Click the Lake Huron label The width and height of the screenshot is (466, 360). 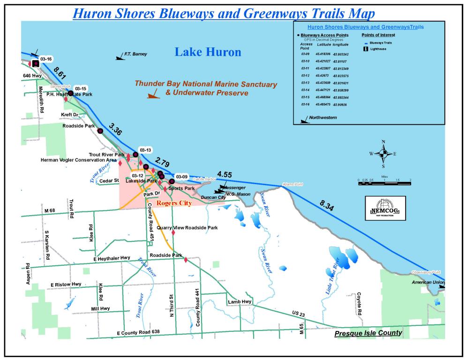coord(208,52)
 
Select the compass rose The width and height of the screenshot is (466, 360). coord(383,153)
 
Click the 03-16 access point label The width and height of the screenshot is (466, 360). coord(46,59)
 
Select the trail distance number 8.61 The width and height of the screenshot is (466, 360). coord(60,73)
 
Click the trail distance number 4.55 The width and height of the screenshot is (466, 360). coord(224,175)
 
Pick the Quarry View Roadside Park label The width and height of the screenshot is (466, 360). coord(187,228)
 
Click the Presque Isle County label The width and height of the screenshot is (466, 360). coord(368,333)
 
